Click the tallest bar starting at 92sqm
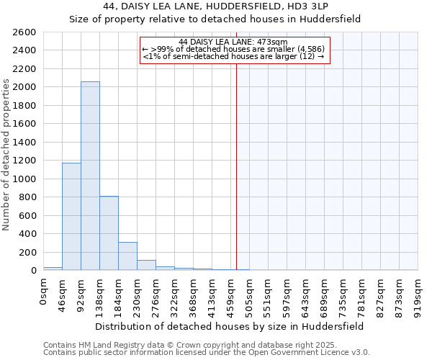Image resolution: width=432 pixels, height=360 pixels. [x=90, y=176]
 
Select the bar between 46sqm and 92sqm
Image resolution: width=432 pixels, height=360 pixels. [x=71, y=216]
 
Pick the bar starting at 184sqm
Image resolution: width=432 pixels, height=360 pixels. [x=127, y=256]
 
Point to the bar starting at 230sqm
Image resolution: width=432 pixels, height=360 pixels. [x=146, y=265]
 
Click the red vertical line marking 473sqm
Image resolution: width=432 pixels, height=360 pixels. [x=236, y=166]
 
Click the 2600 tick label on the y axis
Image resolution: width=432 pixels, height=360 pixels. [x=25, y=32]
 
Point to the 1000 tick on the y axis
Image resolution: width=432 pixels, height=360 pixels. [x=25, y=179]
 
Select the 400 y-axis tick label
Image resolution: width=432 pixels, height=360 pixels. [x=28, y=234]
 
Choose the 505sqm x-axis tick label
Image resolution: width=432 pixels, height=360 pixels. [x=249, y=293]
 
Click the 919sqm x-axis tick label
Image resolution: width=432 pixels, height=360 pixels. [x=418, y=293]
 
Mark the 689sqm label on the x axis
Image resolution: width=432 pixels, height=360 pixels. [x=324, y=293]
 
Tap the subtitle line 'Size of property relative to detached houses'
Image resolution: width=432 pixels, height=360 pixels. [x=215, y=19]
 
